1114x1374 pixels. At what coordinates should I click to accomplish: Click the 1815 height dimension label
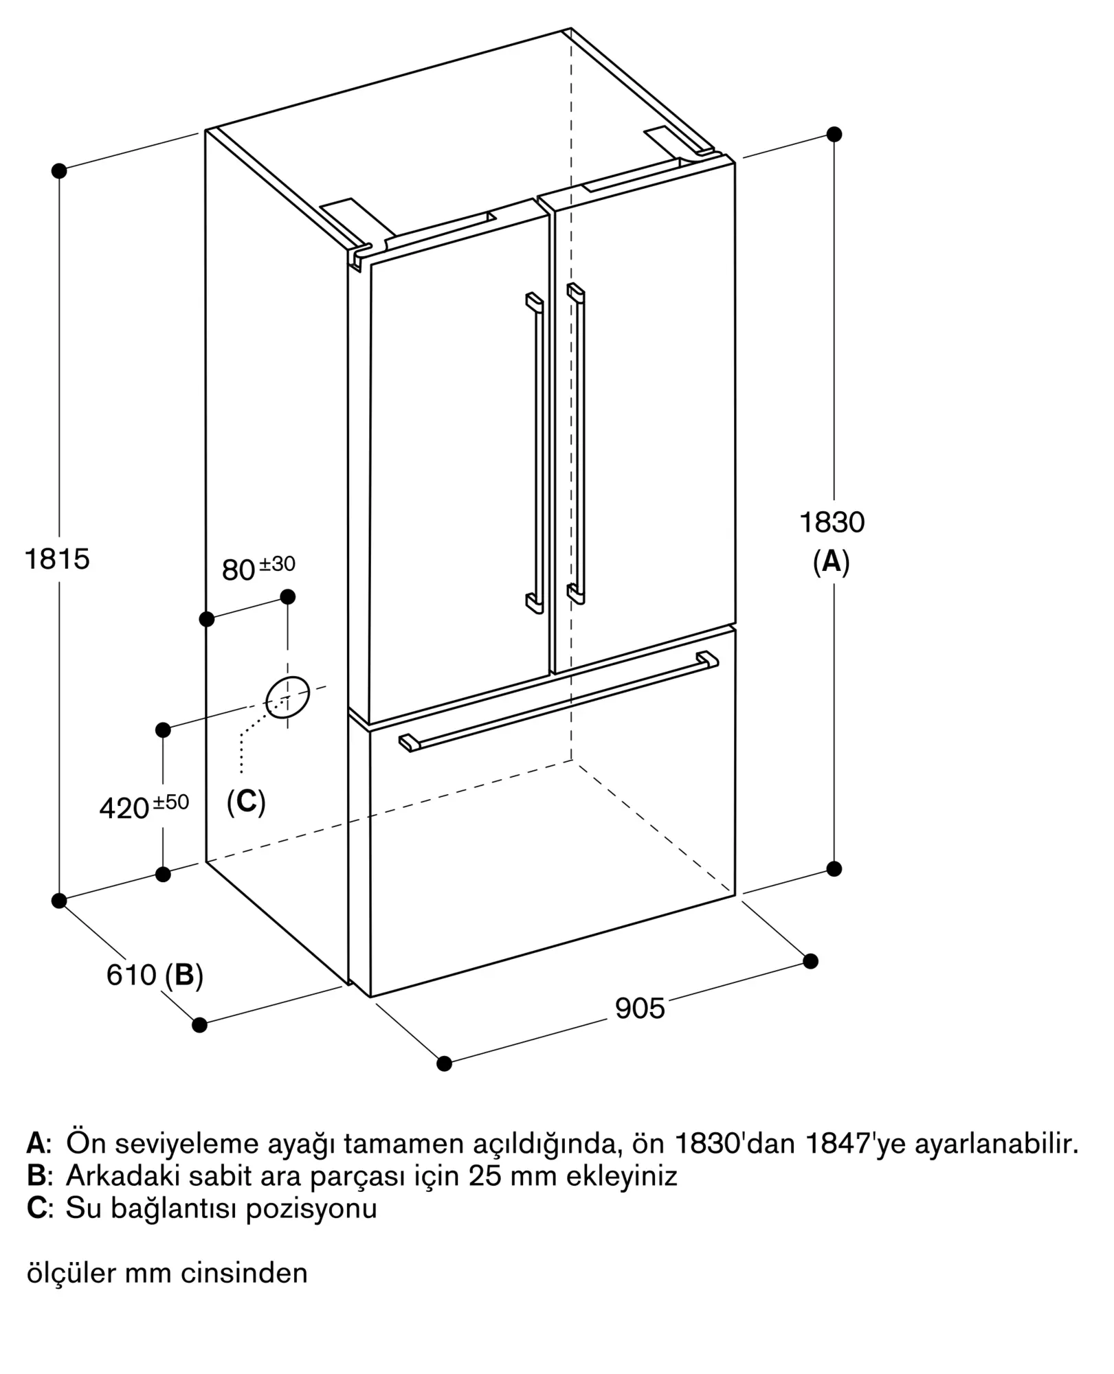(x=57, y=559)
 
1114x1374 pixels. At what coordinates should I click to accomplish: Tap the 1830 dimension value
(x=832, y=523)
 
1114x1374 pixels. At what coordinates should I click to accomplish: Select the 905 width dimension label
(x=640, y=1009)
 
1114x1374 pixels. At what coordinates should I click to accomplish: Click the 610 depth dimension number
(x=131, y=975)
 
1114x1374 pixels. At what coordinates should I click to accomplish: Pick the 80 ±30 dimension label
(x=258, y=568)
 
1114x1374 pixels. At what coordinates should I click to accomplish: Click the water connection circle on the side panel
(x=287, y=697)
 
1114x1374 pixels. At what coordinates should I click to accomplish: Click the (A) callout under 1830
(x=832, y=562)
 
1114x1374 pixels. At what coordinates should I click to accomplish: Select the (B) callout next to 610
(x=184, y=975)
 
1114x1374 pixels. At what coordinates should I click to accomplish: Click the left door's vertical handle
(x=536, y=453)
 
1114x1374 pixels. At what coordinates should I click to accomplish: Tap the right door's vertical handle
(x=577, y=443)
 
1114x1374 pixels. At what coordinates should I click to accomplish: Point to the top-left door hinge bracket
(x=359, y=256)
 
